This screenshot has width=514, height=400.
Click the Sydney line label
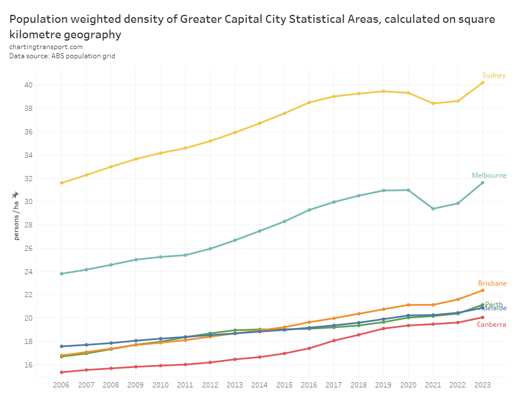tap(494, 75)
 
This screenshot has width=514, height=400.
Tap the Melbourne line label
tap(489, 175)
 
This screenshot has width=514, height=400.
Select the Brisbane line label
tap(492, 283)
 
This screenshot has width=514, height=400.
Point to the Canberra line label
tap(492, 325)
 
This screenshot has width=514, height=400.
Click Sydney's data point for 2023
tap(483, 83)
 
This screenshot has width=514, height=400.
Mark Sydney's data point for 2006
tap(62, 183)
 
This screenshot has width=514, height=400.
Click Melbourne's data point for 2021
tap(433, 209)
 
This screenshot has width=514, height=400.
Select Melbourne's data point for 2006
tap(62, 274)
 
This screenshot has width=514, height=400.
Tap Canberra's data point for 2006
tap(62, 373)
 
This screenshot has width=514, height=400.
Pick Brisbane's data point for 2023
tap(483, 290)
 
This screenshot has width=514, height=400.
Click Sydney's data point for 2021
tap(433, 103)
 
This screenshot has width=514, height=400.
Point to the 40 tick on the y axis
tap(28, 85)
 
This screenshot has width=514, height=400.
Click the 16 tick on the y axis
tap(28, 365)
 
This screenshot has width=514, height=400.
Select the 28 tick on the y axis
tap(28, 225)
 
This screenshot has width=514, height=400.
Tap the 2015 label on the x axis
tap(284, 386)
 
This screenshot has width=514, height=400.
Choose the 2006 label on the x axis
tap(62, 386)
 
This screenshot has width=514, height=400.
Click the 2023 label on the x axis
tap(483, 386)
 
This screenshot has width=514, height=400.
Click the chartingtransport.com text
tap(46, 47)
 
